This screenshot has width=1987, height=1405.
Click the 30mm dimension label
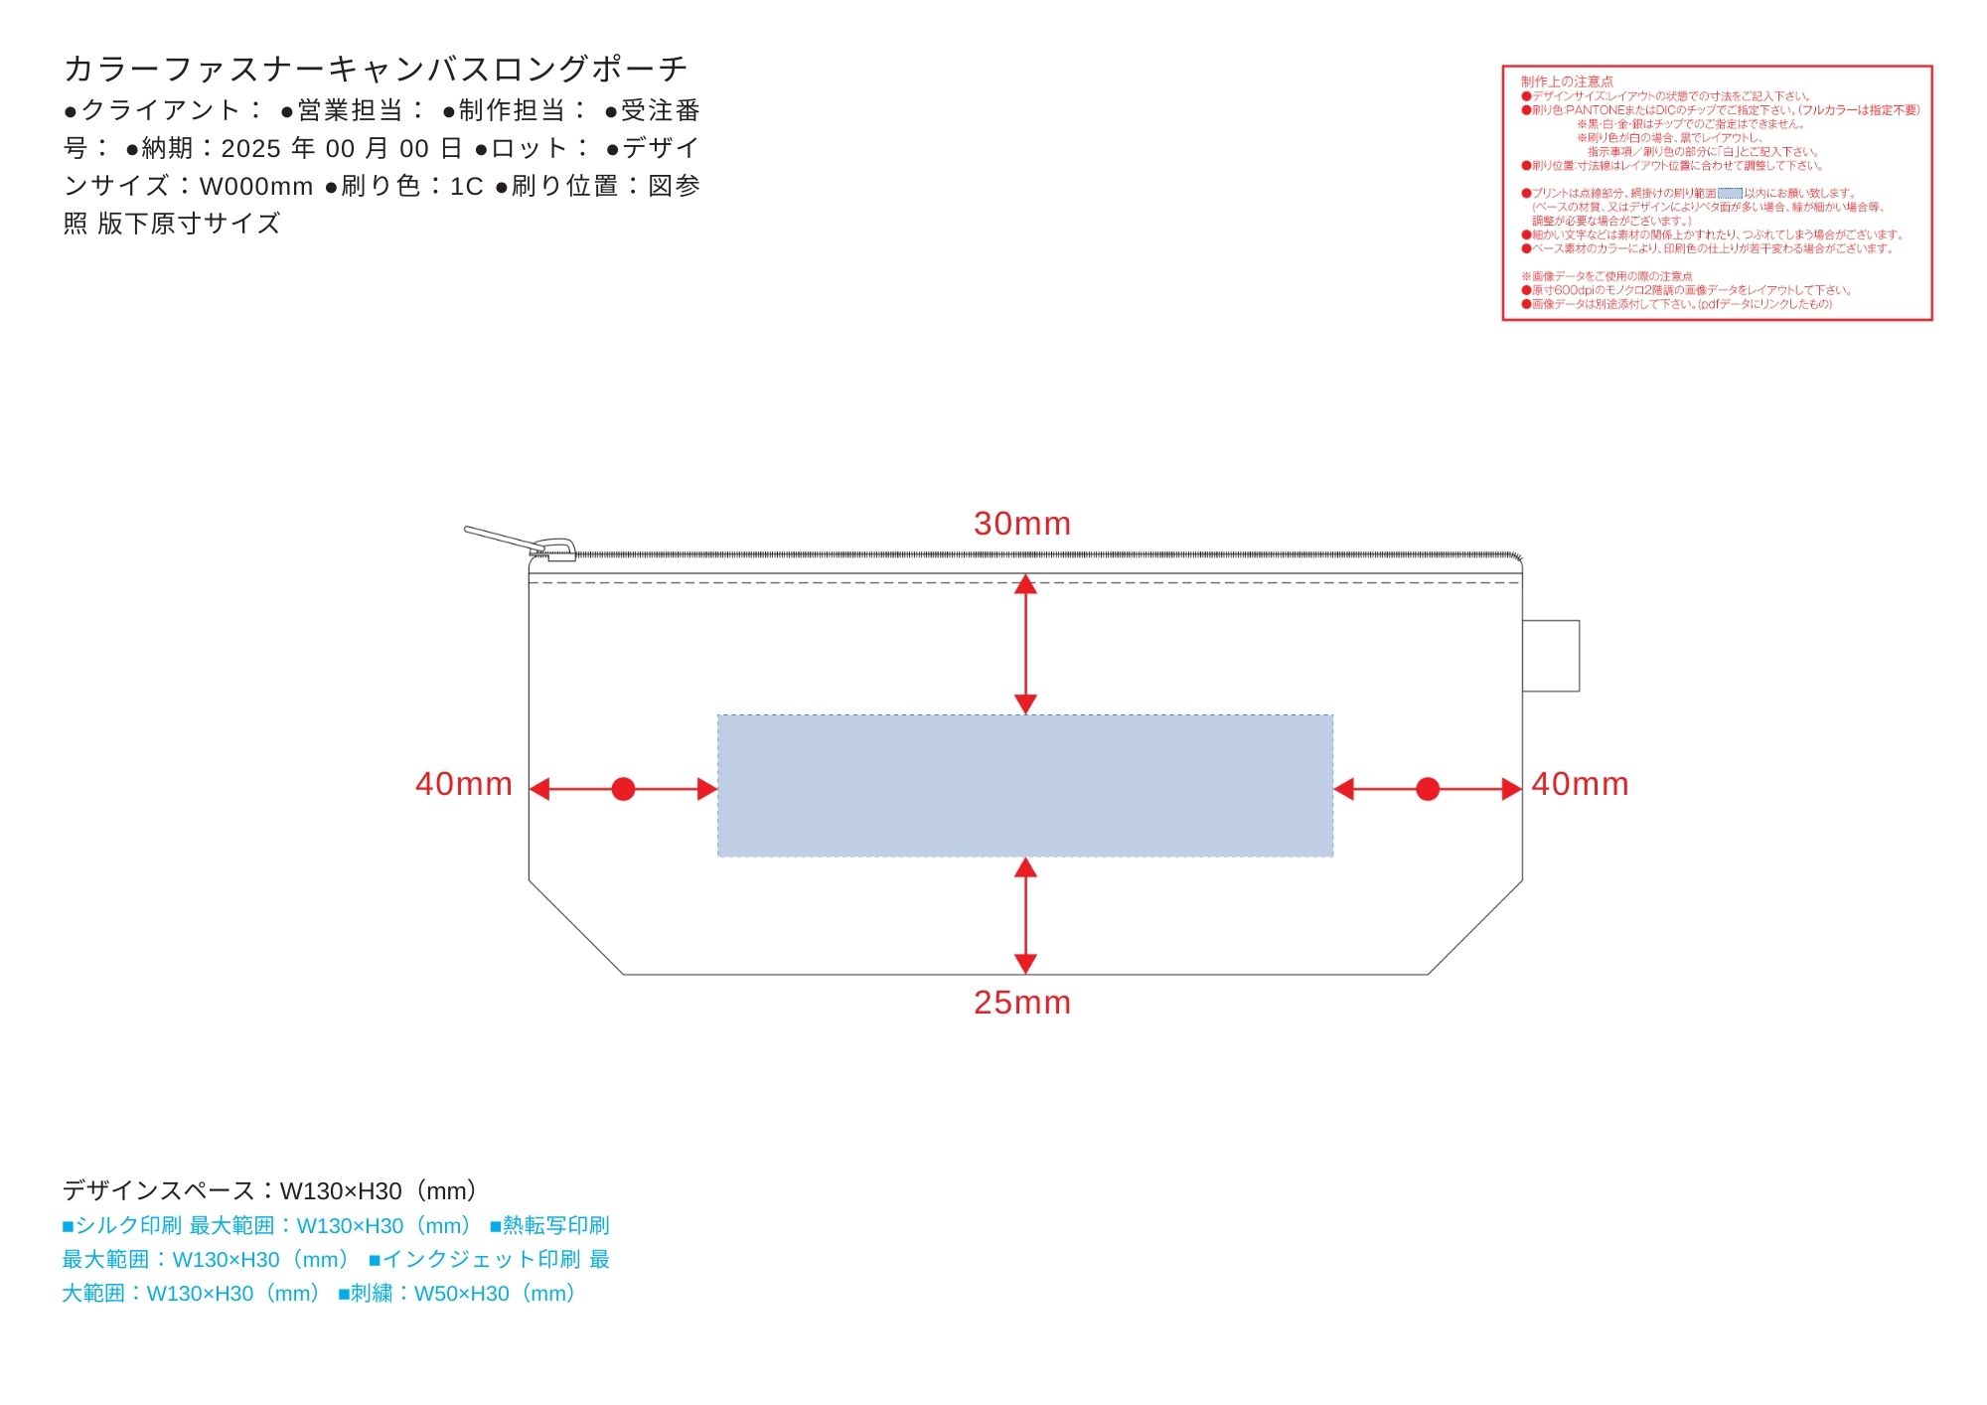coord(1021,524)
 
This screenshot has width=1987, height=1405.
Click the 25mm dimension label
coord(1021,1003)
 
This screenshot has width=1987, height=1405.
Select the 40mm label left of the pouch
coord(464,784)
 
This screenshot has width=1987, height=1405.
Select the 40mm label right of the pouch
coord(1580,784)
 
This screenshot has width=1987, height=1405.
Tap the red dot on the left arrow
coord(623,789)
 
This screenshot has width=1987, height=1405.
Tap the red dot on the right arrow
coord(1428,789)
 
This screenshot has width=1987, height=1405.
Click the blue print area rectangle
coord(1024,785)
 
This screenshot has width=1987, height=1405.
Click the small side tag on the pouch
coord(1551,656)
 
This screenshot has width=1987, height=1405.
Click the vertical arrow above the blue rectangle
coord(1025,644)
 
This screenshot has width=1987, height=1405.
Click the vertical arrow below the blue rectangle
coord(1025,915)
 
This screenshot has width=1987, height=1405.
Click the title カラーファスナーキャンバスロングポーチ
coord(376,69)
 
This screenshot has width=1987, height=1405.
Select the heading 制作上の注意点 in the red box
coord(1567,81)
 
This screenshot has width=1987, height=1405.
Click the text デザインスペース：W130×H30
coord(270,1190)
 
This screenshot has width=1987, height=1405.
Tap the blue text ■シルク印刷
coord(121,1225)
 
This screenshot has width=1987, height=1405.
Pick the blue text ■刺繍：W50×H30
coord(457,1293)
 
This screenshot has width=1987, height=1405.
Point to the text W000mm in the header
coord(256,186)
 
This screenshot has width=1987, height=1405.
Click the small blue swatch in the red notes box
coord(1730,194)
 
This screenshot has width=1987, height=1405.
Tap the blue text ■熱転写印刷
coord(549,1225)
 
